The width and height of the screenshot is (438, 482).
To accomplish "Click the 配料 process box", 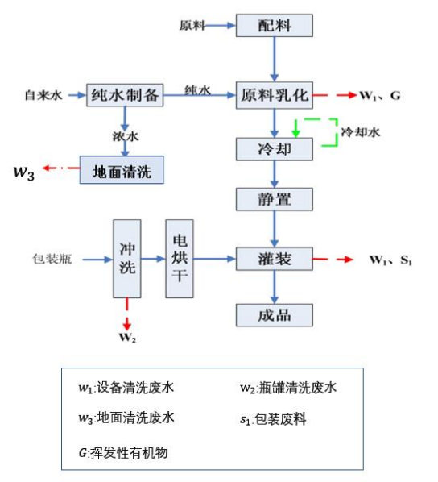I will coord(275,25).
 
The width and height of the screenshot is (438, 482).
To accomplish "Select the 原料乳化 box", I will coord(275,95).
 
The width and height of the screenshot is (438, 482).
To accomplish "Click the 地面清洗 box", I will coord(121,169).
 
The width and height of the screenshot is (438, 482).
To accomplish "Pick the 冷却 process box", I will coord(275,149).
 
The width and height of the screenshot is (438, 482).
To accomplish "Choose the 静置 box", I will coord(275,198).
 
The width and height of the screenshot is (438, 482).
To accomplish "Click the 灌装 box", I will coord(275,259).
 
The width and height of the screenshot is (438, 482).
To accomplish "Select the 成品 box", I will coord(275,314).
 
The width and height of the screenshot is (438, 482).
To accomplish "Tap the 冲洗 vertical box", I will coord(126,259).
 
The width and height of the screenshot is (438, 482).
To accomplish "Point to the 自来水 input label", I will coord(46,96).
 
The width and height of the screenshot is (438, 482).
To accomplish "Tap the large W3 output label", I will coord(24,170).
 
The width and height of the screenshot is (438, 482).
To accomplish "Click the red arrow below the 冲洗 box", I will coord(127,310).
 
